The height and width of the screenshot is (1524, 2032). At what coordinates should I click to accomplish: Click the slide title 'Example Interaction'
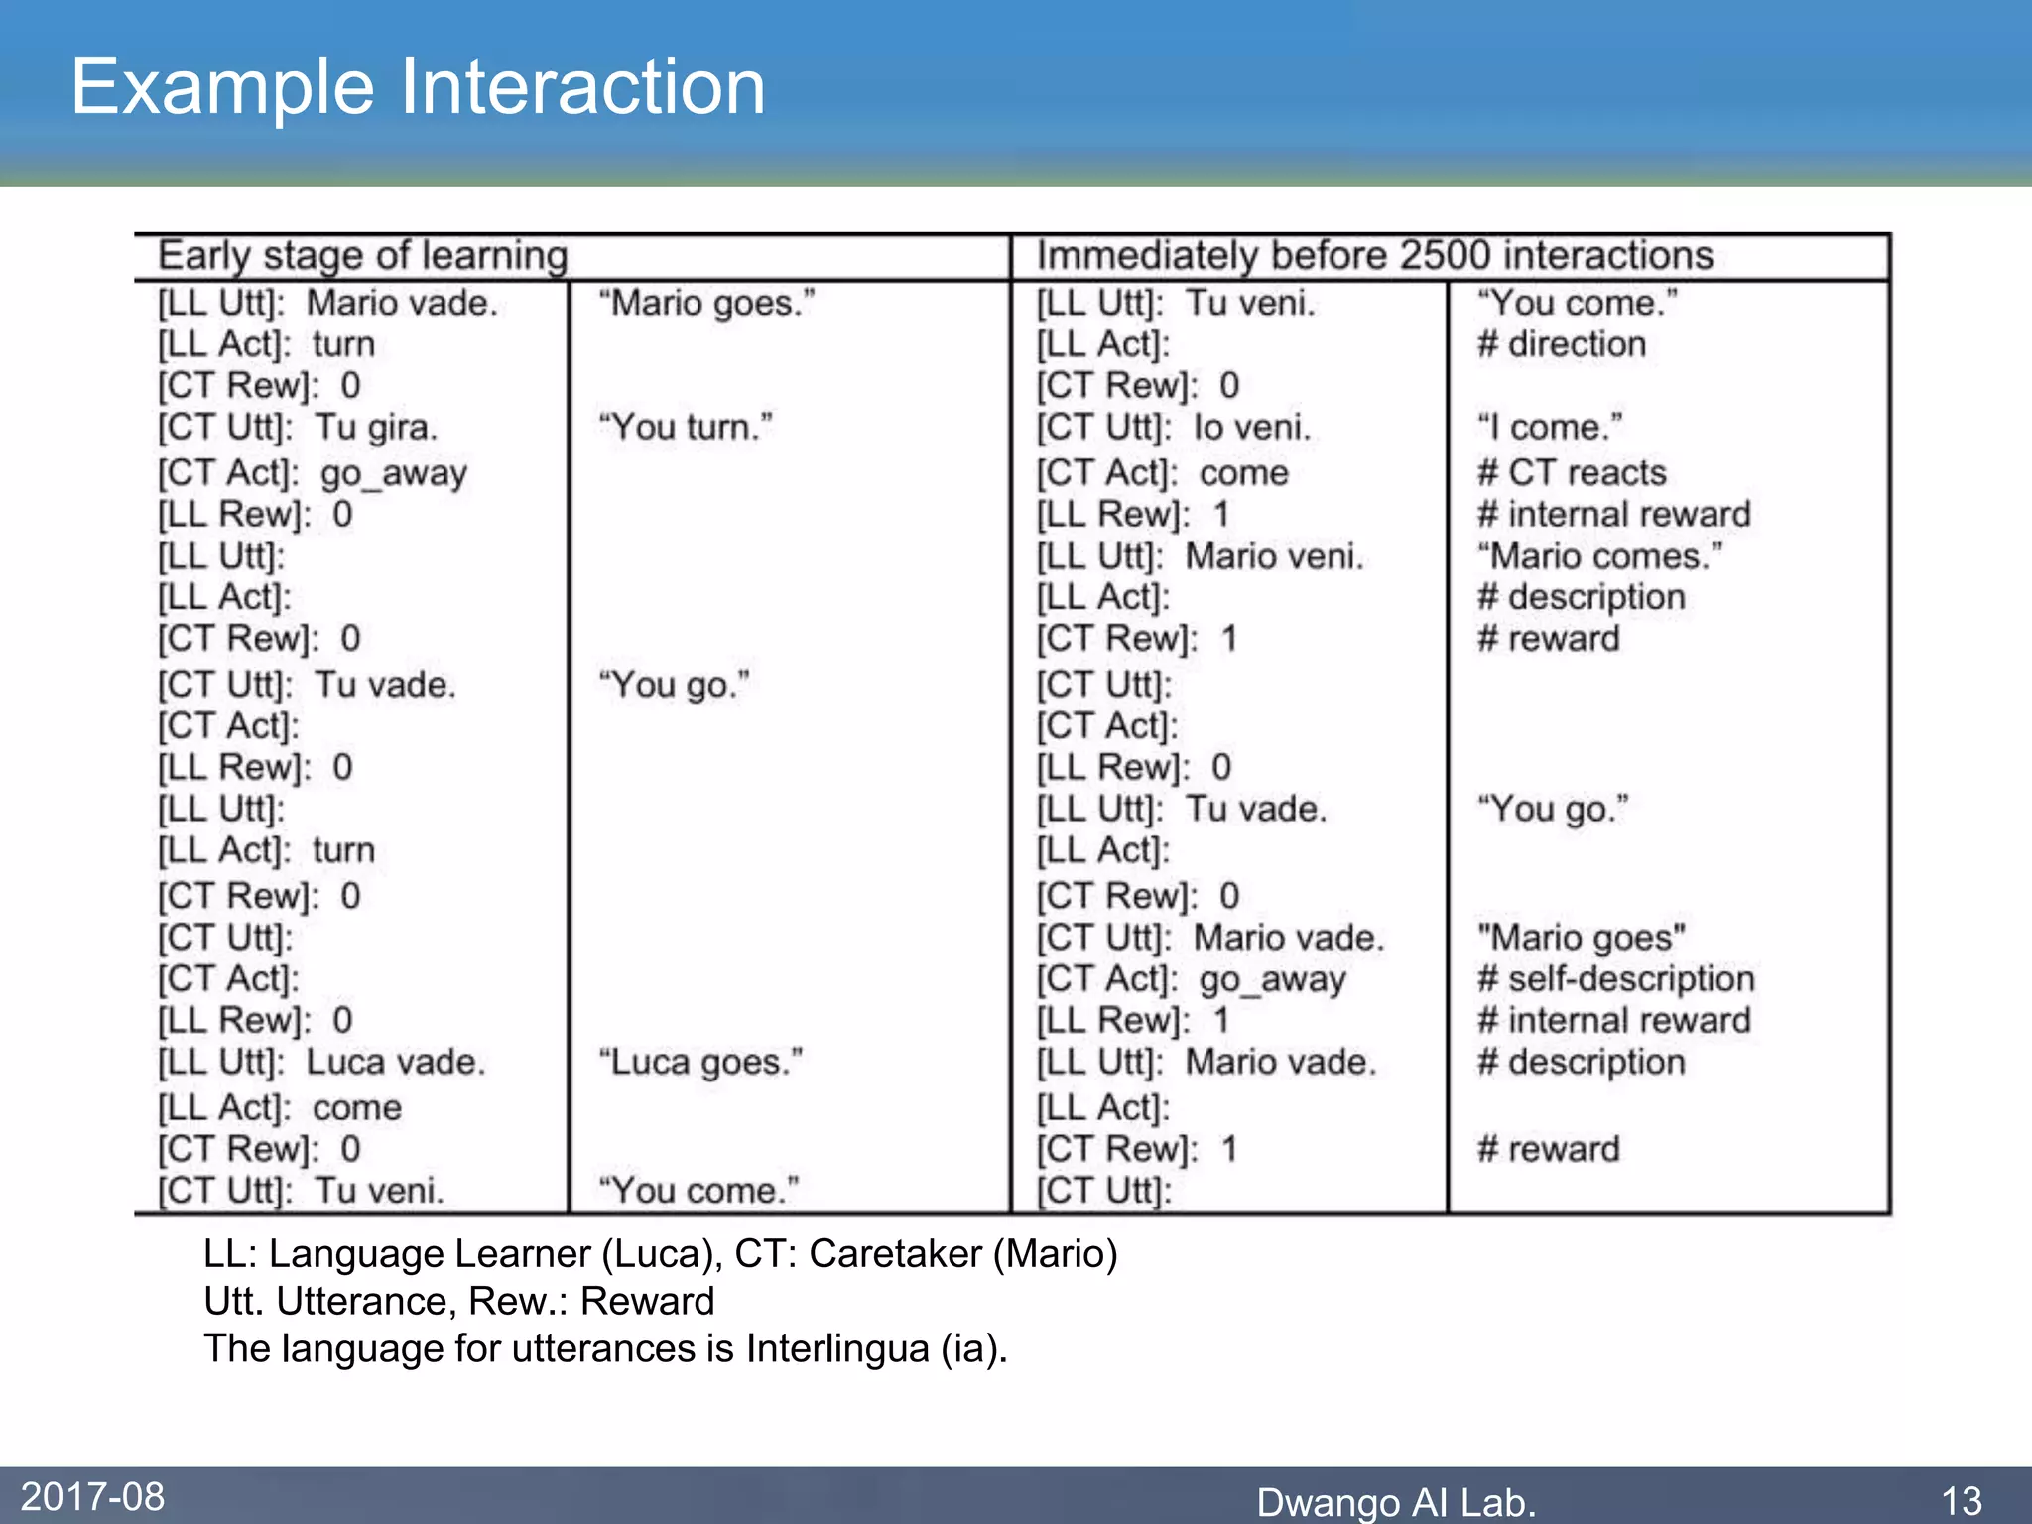418,87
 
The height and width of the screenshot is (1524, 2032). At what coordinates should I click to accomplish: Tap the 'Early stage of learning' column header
363,256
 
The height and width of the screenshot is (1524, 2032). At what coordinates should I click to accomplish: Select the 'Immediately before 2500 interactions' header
1374,256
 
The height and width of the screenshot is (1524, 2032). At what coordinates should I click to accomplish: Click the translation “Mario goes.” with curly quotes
706,303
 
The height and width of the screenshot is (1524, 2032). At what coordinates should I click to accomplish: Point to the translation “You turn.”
686,428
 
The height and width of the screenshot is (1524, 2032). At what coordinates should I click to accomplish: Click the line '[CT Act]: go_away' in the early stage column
313,473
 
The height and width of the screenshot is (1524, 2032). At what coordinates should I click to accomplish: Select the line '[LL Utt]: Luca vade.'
321,1063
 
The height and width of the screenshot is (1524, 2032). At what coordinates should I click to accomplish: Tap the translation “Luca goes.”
700,1063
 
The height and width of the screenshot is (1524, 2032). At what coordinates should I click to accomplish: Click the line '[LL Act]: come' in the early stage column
280,1107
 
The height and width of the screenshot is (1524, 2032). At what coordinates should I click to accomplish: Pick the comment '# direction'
1561,344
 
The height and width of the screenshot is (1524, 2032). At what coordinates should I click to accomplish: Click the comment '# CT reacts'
1572,473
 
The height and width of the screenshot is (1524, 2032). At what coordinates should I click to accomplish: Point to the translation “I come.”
1550,428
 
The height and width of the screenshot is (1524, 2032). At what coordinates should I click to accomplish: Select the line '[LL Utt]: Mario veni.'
1200,556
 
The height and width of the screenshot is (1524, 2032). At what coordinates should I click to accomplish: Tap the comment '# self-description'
1615,979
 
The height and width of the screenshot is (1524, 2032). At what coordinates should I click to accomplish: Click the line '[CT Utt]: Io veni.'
1174,428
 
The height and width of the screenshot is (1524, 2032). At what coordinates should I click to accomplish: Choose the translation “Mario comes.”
1599,556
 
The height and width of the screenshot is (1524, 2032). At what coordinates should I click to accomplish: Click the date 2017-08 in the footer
92,1496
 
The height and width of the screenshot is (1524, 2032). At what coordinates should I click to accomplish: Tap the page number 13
1962,1500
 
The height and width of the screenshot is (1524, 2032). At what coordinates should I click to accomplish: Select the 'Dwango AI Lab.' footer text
1395,1502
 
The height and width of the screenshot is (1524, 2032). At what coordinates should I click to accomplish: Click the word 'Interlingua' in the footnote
836,1349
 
